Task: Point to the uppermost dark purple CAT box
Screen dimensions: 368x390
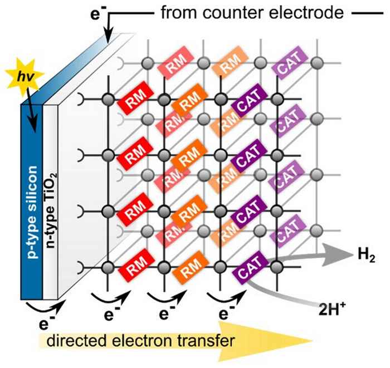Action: click(x=246, y=103)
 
